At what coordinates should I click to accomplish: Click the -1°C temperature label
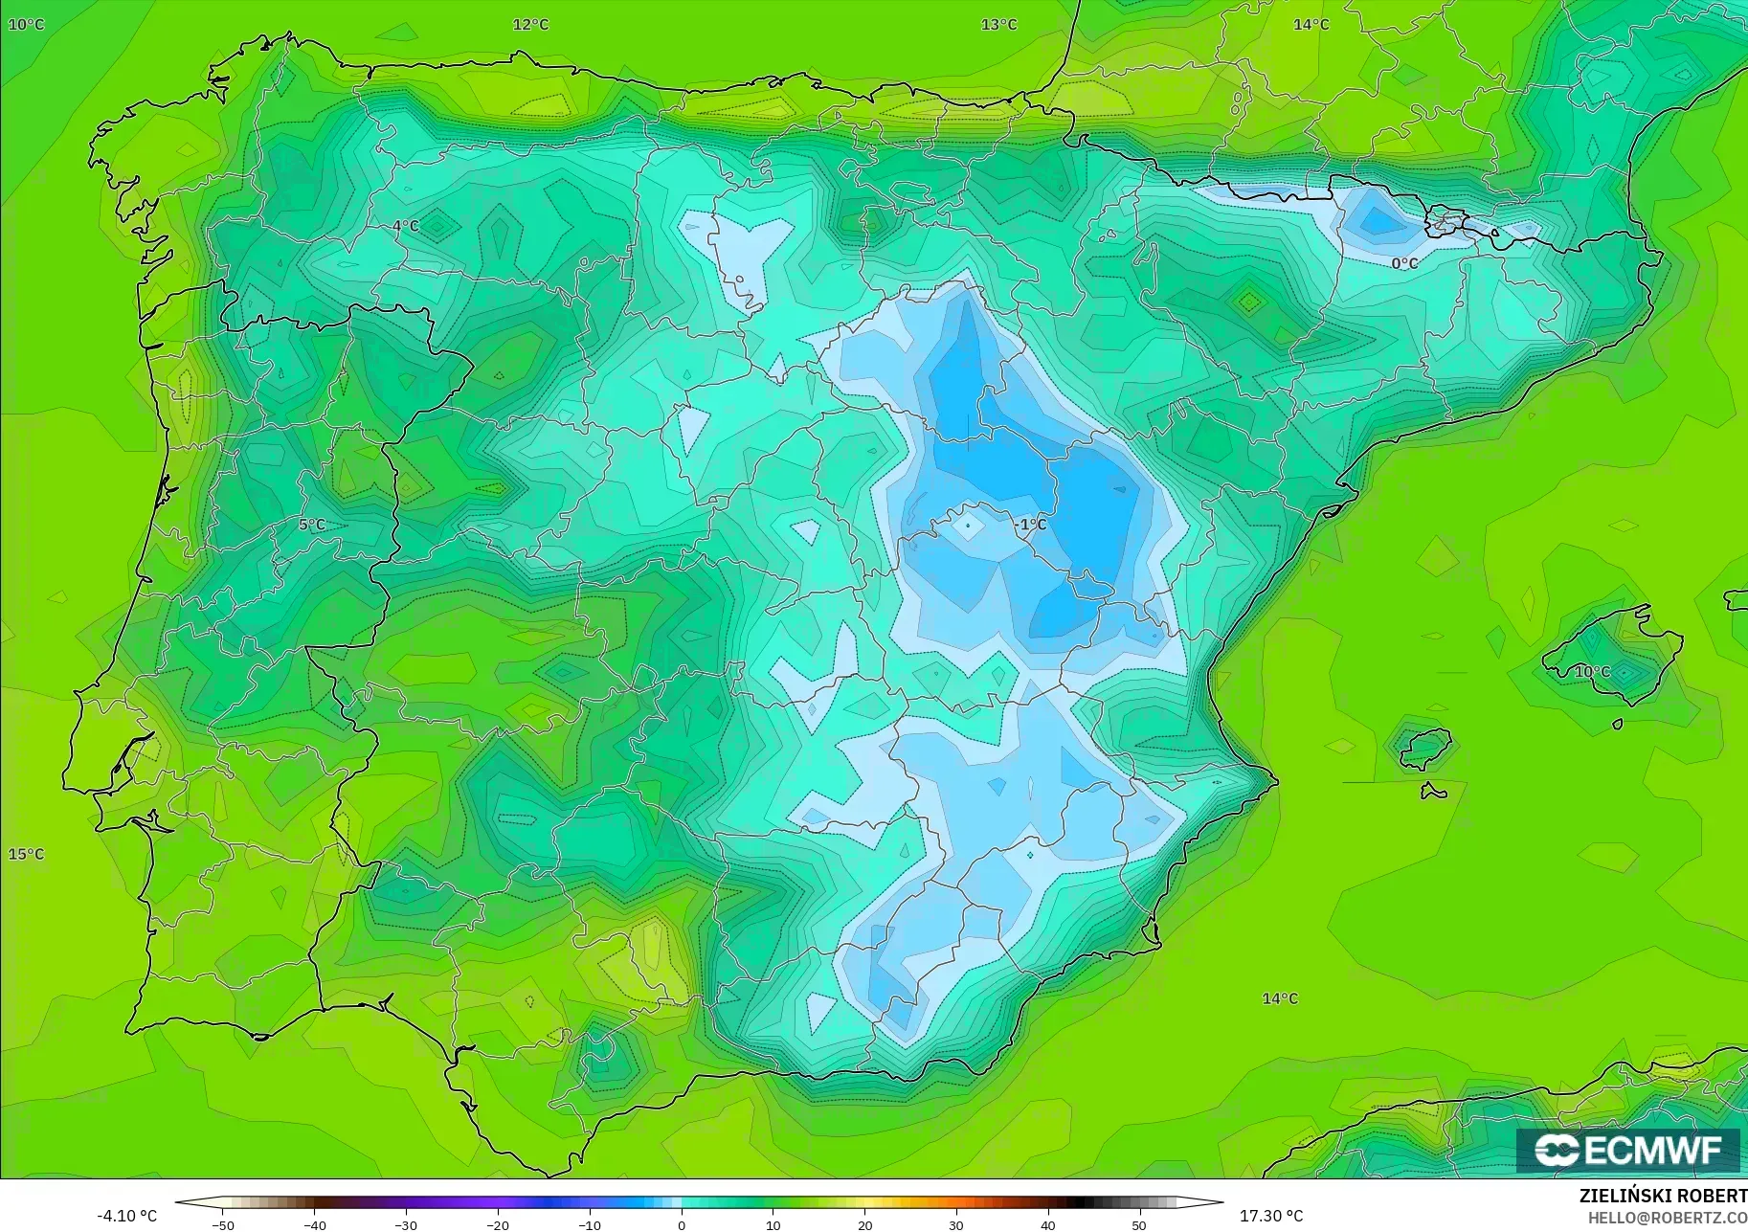point(1031,525)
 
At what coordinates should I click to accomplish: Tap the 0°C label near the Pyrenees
point(1404,263)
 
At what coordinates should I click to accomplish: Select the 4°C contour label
point(406,227)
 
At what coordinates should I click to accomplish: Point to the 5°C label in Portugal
point(312,525)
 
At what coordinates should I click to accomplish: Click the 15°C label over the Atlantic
point(27,854)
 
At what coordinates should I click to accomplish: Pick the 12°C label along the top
point(530,25)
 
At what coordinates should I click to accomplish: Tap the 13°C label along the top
point(998,25)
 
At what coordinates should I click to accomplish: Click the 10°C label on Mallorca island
point(1592,672)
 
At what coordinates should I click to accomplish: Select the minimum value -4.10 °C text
point(126,1216)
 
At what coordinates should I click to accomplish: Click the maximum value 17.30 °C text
point(1271,1216)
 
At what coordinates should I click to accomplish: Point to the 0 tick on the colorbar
point(682,1224)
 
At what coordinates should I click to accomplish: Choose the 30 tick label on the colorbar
point(956,1224)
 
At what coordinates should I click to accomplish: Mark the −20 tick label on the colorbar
point(498,1224)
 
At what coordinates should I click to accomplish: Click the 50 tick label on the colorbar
point(1139,1224)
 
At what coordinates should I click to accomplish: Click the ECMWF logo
point(1628,1150)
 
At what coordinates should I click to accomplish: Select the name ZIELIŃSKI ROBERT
point(1663,1197)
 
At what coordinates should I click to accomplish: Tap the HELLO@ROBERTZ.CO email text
point(1668,1218)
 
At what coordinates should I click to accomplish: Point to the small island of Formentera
point(1433,792)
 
